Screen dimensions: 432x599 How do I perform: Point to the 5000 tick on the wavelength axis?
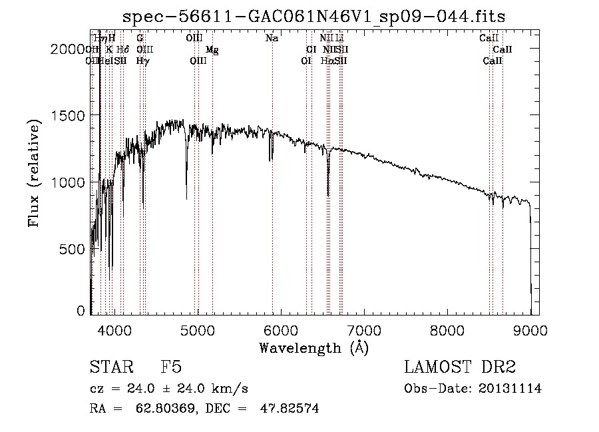coord(198,329)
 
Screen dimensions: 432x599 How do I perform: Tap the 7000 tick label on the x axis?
coord(364,329)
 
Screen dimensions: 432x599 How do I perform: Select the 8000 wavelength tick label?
coord(447,329)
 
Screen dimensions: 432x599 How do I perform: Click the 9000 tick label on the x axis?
coord(530,329)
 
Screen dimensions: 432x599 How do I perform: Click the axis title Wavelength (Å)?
coord(313,347)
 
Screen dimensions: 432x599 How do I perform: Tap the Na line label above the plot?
coord(272,39)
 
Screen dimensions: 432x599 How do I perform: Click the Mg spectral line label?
coord(212,50)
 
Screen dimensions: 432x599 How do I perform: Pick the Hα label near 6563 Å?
coord(326,61)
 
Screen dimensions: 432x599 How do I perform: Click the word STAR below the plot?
coord(110,367)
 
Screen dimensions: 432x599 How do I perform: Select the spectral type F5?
coord(171,367)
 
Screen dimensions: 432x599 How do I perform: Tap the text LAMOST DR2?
coord(460,367)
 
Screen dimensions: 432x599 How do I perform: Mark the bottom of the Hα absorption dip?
coord(328,195)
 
